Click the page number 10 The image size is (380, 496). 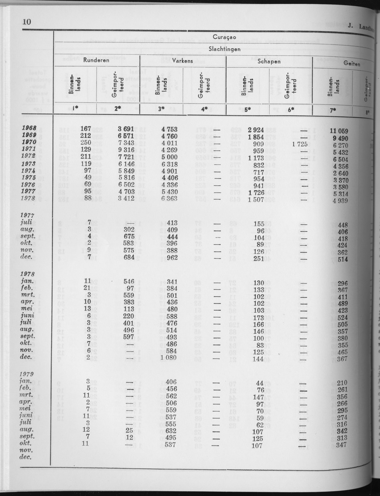pyautogui.click(x=26, y=22)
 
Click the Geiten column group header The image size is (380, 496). pyautogui.click(x=352, y=64)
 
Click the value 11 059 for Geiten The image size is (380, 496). pyautogui.click(x=339, y=131)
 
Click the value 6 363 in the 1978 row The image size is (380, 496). pyautogui.click(x=168, y=197)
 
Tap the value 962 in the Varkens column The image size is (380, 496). pyautogui.click(x=171, y=257)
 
